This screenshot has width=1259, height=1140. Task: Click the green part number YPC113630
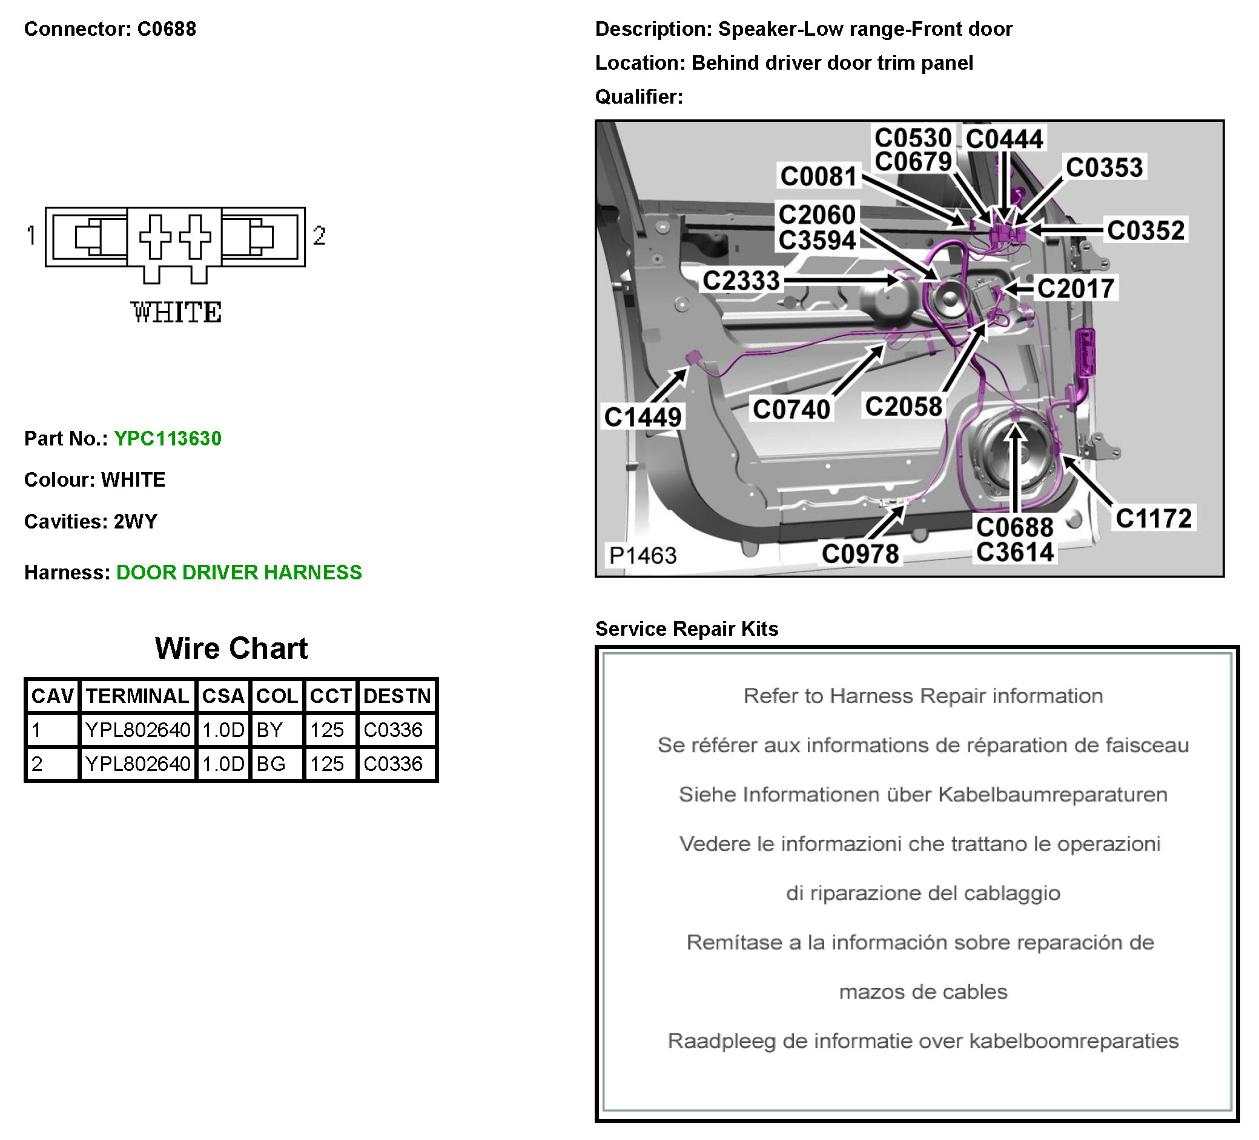(167, 439)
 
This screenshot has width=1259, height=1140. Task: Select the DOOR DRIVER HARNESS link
(239, 573)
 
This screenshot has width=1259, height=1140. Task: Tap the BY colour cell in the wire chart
(269, 730)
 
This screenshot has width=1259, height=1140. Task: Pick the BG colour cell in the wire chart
(271, 764)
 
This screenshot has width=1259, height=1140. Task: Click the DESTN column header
(397, 696)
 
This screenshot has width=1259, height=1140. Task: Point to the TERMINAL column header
(137, 696)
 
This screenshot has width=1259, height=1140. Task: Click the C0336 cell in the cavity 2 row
(393, 764)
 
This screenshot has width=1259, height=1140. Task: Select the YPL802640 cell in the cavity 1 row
(137, 730)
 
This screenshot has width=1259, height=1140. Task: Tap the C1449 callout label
(643, 417)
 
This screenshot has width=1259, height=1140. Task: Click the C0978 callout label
(860, 554)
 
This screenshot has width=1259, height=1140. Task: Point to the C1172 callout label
(1154, 519)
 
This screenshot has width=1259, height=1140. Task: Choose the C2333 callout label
(741, 281)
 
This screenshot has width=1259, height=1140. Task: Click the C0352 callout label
(1145, 231)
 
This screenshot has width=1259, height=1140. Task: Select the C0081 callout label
(819, 176)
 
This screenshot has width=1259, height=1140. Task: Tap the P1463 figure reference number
(643, 556)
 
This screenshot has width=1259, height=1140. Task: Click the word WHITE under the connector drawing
(176, 313)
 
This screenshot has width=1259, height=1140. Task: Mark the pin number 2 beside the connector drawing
(319, 236)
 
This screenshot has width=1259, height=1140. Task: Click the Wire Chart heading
(231, 648)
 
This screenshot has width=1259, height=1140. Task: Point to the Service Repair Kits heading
(686, 628)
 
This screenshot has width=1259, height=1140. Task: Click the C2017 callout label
(1076, 288)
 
